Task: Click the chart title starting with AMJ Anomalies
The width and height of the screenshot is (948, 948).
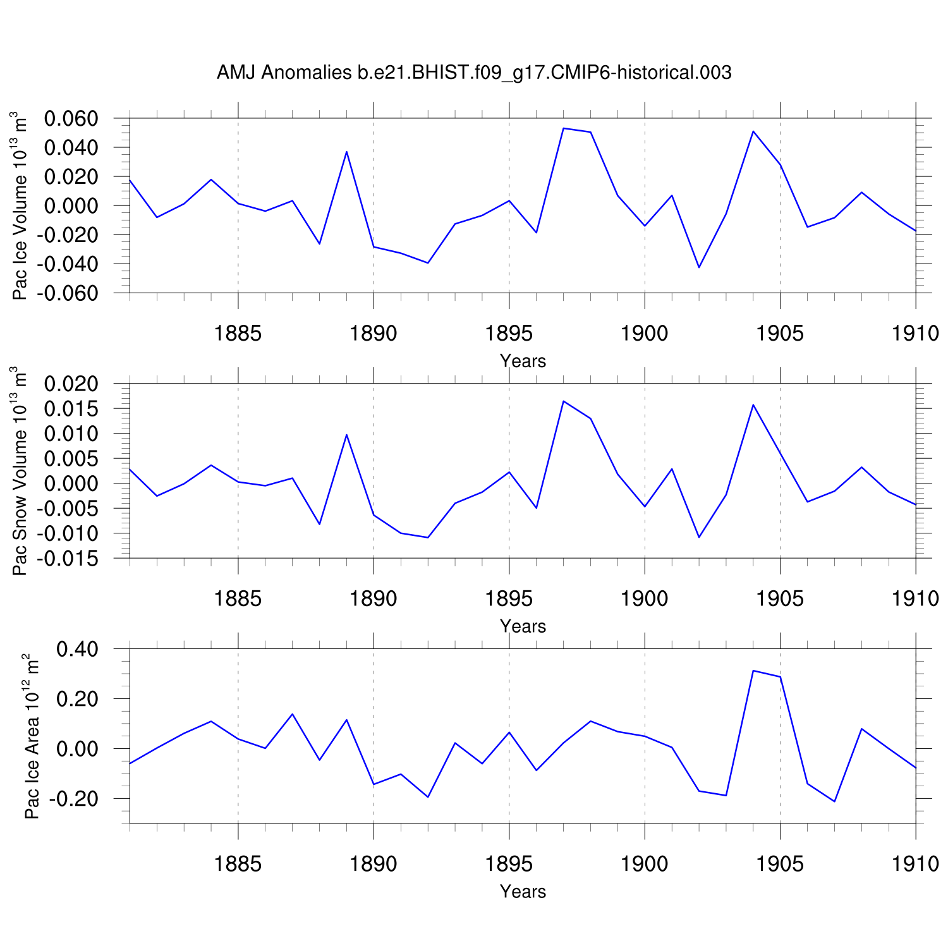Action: pyautogui.click(x=474, y=73)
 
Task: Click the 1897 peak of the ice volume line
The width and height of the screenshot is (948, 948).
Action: pyautogui.click(x=563, y=128)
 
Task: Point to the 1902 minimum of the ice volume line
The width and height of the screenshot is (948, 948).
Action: pyautogui.click(x=699, y=267)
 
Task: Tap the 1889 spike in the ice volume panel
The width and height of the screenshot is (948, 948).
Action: pyautogui.click(x=346, y=152)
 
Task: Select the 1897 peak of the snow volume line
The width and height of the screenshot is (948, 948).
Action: pyautogui.click(x=563, y=401)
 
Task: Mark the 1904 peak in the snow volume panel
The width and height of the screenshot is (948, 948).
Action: pyautogui.click(x=753, y=404)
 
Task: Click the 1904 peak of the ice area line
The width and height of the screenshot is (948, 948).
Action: pyautogui.click(x=753, y=671)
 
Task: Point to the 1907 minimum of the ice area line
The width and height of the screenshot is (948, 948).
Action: pyautogui.click(x=834, y=801)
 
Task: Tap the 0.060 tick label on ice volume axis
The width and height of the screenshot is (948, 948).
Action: pyautogui.click(x=71, y=118)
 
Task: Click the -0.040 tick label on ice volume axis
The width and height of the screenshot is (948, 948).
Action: pyautogui.click(x=67, y=264)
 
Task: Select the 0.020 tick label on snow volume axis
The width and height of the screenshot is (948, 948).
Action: pyautogui.click(x=71, y=384)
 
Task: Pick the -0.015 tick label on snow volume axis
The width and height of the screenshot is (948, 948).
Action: pyautogui.click(x=67, y=558)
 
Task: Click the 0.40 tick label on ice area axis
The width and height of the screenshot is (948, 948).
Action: pyautogui.click(x=78, y=649)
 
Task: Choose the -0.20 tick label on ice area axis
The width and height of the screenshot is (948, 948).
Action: pyautogui.click(x=74, y=799)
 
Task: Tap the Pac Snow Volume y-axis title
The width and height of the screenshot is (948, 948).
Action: pyautogui.click(x=20, y=471)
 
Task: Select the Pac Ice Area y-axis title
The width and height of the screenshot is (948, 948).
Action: pyautogui.click(x=32, y=736)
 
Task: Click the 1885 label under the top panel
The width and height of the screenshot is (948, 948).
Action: pyautogui.click(x=238, y=334)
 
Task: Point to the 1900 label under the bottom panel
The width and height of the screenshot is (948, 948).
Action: pyautogui.click(x=644, y=864)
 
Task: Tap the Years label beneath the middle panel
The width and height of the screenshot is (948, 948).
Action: pyautogui.click(x=523, y=626)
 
